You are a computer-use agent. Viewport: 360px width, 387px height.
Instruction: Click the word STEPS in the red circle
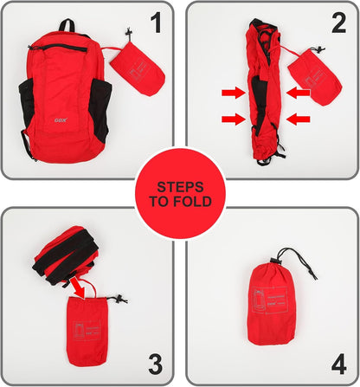[x=180, y=186]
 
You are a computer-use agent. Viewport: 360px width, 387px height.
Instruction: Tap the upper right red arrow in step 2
[x=297, y=91]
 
